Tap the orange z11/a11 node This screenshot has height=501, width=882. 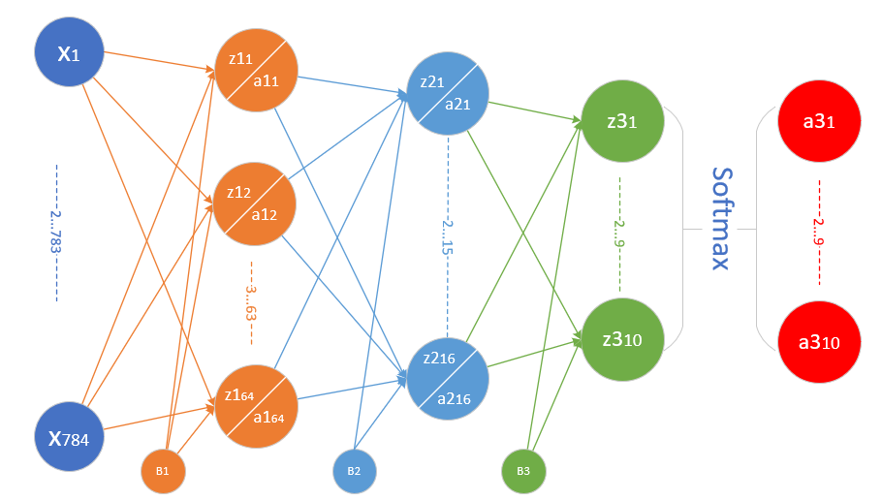point(257,73)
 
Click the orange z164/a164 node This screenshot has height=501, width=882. point(257,405)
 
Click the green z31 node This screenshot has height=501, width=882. point(620,122)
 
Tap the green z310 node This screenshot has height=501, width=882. point(620,339)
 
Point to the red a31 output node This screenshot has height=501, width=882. point(819,122)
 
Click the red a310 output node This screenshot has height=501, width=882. point(819,343)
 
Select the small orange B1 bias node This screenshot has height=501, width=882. point(163,472)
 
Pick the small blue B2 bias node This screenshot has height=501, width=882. point(355,472)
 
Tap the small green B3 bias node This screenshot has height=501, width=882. point(523,472)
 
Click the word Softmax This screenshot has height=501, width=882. point(720,218)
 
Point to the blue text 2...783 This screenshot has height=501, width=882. point(57,233)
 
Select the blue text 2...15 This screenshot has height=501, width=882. point(448,233)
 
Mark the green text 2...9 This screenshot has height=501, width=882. point(619,233)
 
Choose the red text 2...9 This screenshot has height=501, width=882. point(819,233)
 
